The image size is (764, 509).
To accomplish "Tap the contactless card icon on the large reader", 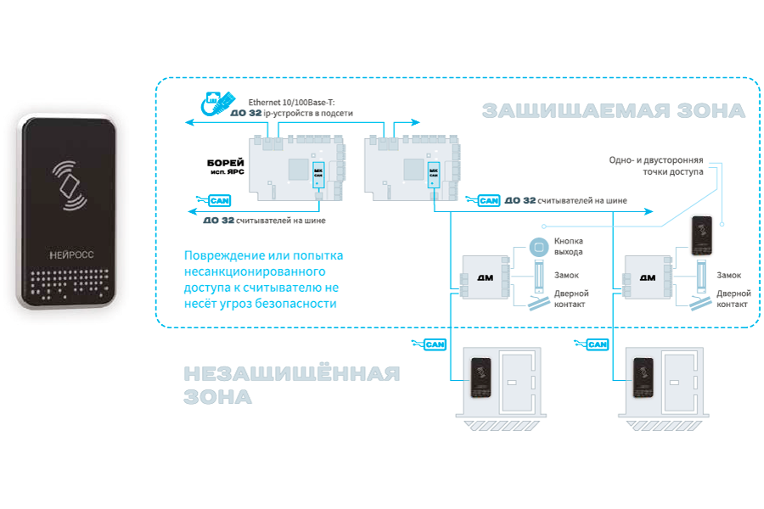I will pyautogui.click(x=70, y=187).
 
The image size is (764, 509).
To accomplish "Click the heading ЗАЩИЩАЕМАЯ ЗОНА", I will pyautogui.click(x=613, y=110).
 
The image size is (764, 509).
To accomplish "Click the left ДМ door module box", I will pyautogui.click(x=480, y=277).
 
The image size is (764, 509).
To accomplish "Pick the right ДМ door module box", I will pyautogui.click(x=644, y=277).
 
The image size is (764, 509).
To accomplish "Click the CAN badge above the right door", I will pyautogui.click(x=597, y=344).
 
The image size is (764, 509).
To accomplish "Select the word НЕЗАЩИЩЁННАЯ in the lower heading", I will pyautogui.click(x=292, y=374).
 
